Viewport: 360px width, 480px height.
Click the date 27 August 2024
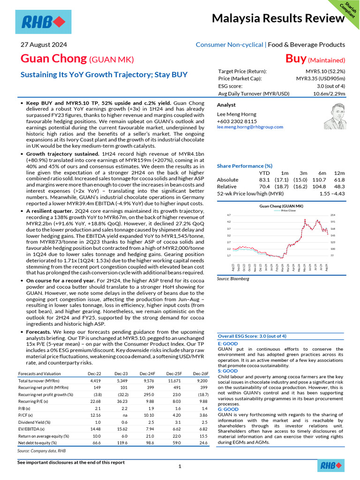[x=44, y=45]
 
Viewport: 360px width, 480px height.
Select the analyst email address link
[x=250, y=127]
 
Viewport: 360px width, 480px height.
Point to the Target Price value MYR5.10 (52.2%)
[x=322, y=71]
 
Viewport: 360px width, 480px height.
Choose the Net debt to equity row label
[x=37, y=442]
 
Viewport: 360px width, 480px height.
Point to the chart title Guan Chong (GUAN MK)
[x=281, y=206]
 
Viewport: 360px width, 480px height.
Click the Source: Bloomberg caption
[x=233, y=279]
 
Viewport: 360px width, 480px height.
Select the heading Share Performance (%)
[x=245, y=166]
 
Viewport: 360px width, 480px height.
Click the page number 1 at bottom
[x=180, y=467]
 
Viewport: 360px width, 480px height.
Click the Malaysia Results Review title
[x=278, y=19]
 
